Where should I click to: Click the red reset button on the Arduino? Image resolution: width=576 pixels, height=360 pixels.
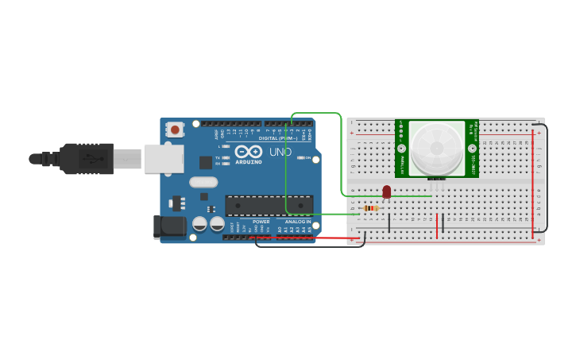[175, 129]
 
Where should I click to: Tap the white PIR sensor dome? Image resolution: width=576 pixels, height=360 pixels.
[436, 149]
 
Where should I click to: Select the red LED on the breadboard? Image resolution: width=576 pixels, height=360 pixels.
[387, 192]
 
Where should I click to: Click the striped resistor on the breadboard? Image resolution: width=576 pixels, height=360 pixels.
[370, 208]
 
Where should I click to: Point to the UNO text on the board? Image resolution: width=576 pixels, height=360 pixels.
[280, 152]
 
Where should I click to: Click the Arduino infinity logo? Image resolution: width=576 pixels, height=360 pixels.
[248, 152]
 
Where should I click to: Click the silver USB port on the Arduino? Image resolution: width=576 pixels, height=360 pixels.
[164, 159]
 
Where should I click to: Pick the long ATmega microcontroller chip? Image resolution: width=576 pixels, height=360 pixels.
[269, 206]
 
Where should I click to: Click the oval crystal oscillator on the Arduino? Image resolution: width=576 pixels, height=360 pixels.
[203, 182]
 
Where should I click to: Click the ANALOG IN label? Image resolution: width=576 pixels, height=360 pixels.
[298, 222]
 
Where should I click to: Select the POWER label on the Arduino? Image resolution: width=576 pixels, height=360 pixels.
[261, 222]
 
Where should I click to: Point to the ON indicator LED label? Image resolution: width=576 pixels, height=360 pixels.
[307, 157]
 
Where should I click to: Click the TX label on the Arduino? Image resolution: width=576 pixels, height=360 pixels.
[218, 157]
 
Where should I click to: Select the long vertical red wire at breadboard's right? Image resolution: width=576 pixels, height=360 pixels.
[532, 183]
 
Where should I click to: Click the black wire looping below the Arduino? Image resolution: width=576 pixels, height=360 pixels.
[310, 246]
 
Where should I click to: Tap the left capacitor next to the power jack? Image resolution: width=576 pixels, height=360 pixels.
[199, 224]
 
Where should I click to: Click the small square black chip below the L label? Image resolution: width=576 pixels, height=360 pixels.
[206, 162]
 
